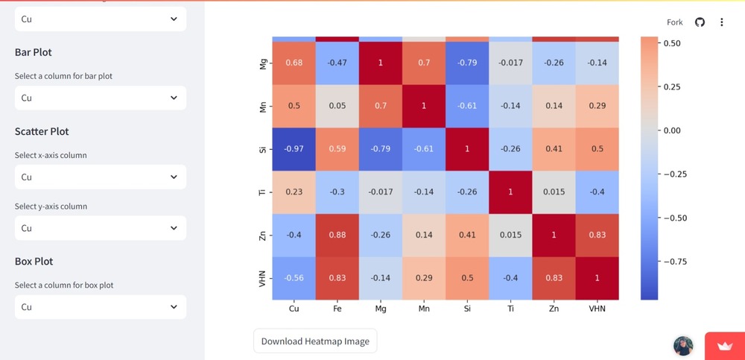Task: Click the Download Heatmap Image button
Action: pos(315,341)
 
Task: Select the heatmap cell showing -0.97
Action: pos(294,149)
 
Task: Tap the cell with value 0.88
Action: pos(337,236)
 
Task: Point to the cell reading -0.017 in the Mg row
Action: pos(510,63)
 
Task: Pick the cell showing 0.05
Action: pos(337,106)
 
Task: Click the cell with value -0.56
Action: pos(294,278)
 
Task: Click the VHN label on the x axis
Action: pos(597,308)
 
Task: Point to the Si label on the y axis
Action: pos(262,149)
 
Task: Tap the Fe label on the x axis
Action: pos(337,308)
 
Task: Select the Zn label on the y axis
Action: pos(262,236)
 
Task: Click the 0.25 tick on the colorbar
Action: pos(671,86)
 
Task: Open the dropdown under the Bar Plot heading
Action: pos(101,98)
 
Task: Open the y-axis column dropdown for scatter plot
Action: pos(101,228)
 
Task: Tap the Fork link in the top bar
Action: pos(675,22)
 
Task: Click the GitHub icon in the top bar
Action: pos(700,22)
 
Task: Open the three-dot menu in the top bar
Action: pos(721,22)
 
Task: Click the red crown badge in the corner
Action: pos(724,346)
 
